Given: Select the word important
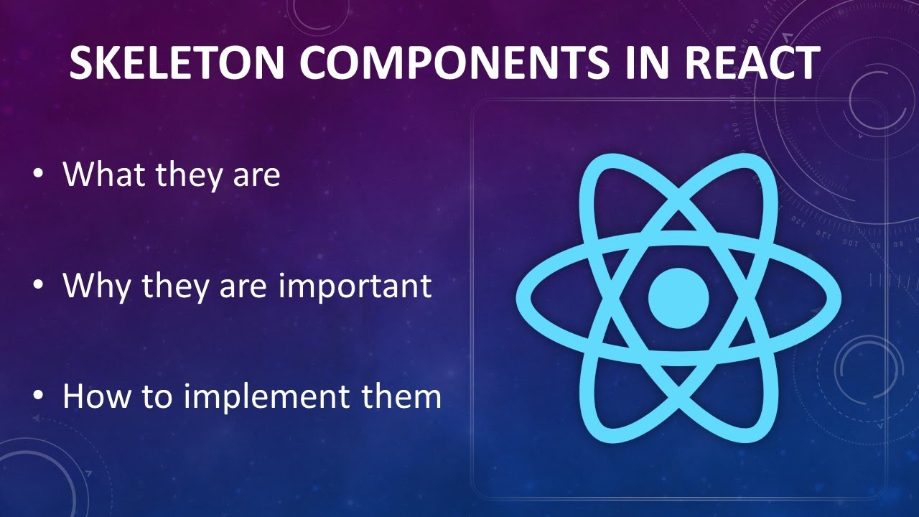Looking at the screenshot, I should click(x=355, y=287).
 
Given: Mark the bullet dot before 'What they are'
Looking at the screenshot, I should click(x=39, y=174).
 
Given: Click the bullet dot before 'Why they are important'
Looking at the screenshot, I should click(x=39, y=286).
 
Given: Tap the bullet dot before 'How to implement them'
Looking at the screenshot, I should click(x=39, y=397).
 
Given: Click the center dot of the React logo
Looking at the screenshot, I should click(x=678, y=297).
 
